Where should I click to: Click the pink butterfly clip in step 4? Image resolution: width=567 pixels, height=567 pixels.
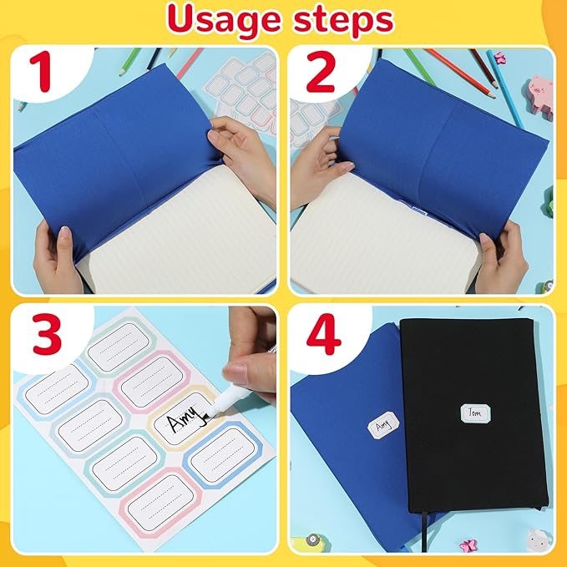point(468,544)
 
